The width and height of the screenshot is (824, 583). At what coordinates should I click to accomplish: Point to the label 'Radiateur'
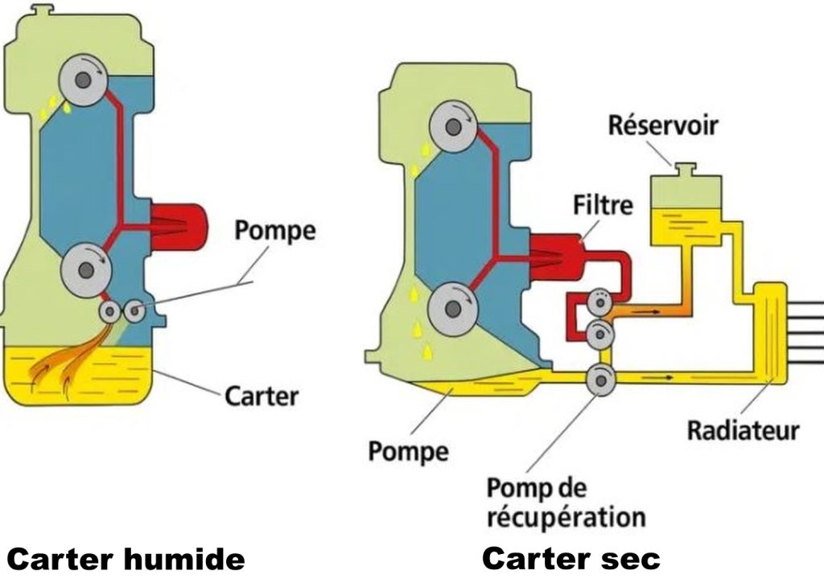[742, 430]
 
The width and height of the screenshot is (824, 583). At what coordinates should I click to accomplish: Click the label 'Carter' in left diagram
[262, 395]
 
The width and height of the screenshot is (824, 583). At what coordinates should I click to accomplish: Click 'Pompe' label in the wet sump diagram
[275, 231]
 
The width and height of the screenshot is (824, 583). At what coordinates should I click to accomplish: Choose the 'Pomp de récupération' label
[566, 502]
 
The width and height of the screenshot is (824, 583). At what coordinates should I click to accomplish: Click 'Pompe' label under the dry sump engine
[408, 450]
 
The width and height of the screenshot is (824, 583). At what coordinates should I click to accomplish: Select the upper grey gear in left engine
[83, 81]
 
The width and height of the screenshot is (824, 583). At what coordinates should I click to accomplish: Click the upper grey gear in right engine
[454, 126]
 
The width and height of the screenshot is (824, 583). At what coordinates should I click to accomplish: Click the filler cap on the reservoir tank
[684, 169]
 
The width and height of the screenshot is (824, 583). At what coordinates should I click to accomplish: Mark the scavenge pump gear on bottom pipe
[600, 378]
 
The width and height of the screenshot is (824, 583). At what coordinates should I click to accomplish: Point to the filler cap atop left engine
[43, 10]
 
